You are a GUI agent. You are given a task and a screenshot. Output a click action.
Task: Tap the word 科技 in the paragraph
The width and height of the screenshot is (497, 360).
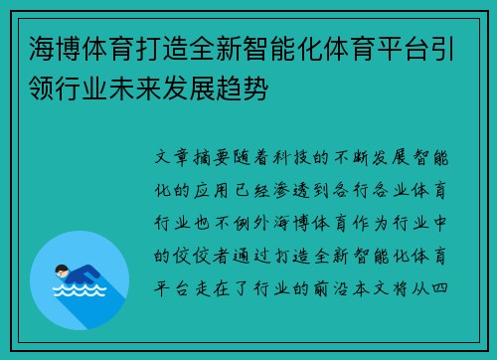294,157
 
